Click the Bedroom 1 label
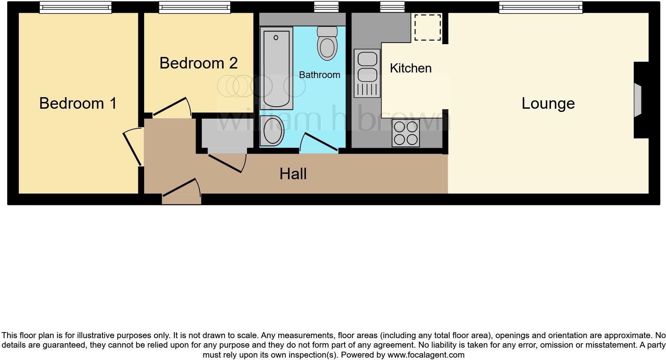coord(78,103)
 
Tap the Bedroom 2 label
coord(198,63)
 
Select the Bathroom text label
coord(319,75)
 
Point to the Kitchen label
coord(410,68)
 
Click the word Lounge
coord(548,104)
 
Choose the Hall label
coord(293,174)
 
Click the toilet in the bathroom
coord(327,43)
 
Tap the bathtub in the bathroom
coord(276,68)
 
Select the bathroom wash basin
coord(272,131)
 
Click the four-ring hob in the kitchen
coord(405,133)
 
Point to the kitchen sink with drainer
coord(367,73)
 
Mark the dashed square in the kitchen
coord(428,27)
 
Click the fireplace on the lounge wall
coord(638,100)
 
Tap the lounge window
coord(541,7)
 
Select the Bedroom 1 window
coord(75,7)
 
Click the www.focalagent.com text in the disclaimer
coord(425,355)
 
